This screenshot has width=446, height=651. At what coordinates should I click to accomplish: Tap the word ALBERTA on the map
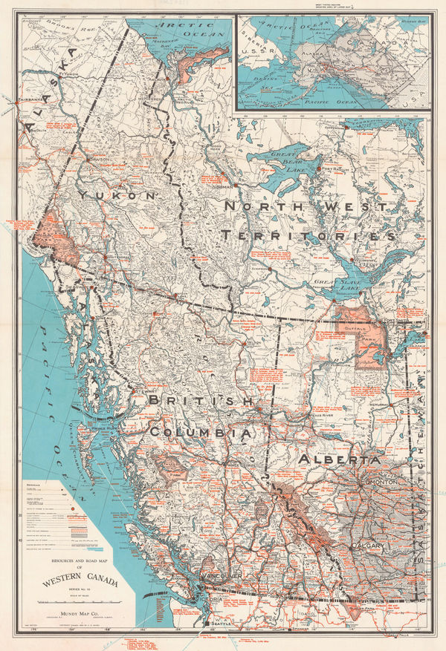[339, 460]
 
